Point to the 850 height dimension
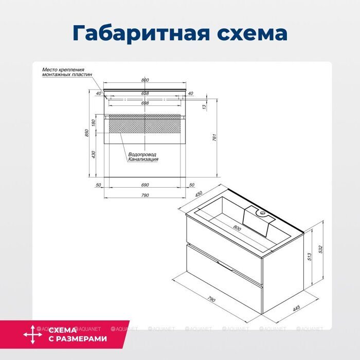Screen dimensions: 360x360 pos(88,133)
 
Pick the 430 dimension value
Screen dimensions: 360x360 pos(94,154)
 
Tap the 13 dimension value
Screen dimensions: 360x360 pos(204,106)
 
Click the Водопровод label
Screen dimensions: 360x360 pos(142,154)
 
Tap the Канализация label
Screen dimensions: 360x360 pos(143,159)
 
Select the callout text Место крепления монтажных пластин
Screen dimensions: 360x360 pos(67,72)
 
